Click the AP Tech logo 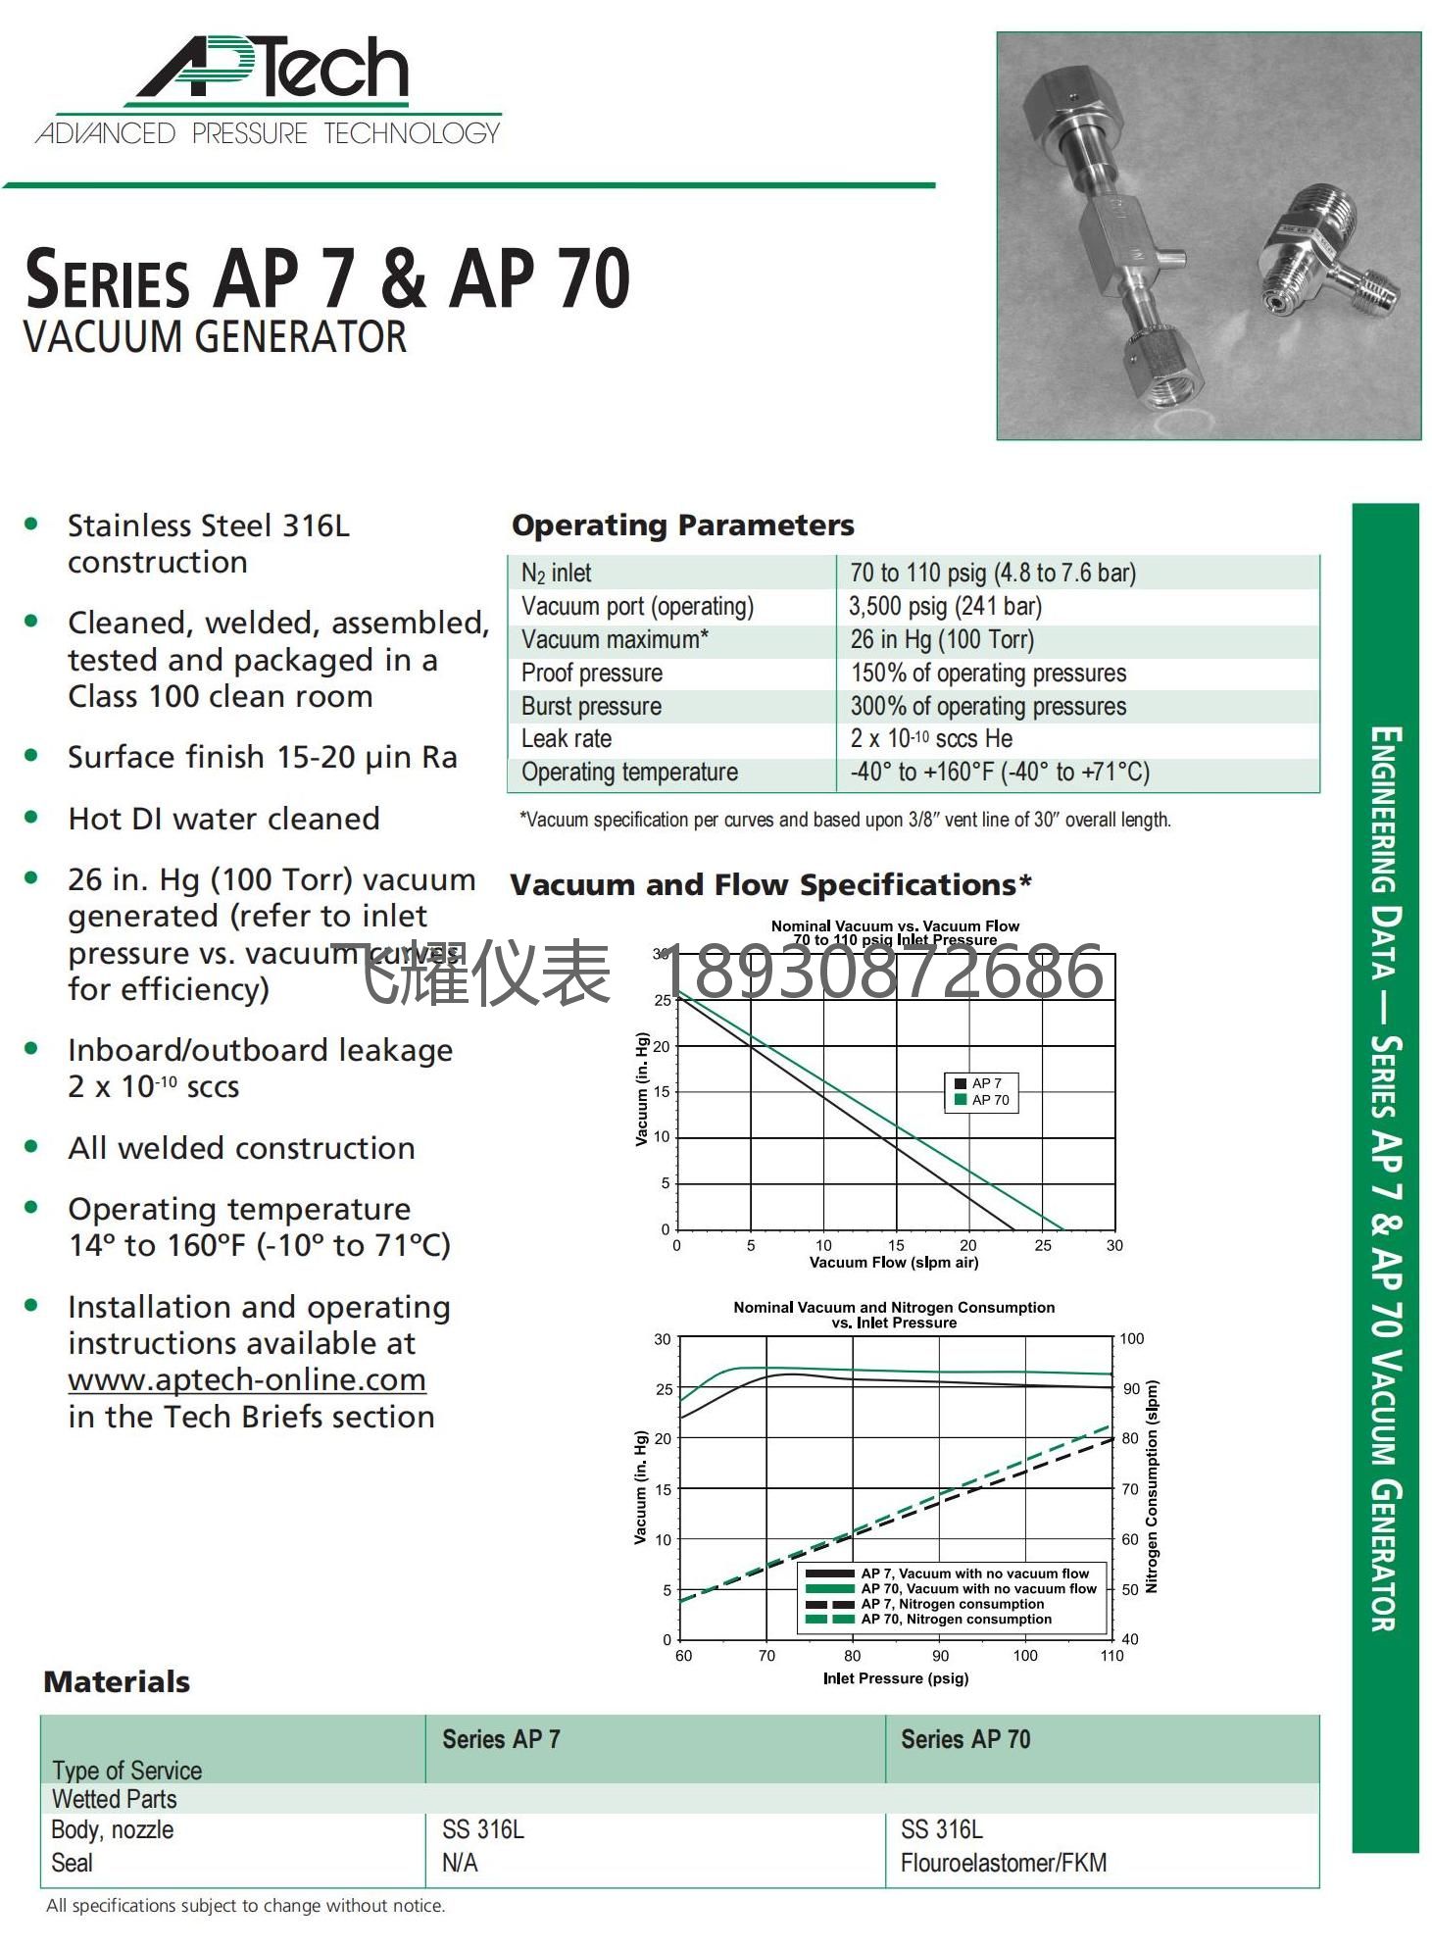[270, 88]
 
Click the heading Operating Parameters [682, 525]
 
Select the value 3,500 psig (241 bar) [945, 606]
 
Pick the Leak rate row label [567, 738]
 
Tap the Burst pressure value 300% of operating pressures [988, 706]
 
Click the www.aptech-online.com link [247, 1379]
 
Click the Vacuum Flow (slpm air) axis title [893, 1263]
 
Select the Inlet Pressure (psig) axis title [895, 1678]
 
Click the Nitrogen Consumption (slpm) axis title [1152, 1486]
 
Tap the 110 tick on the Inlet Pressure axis [1111, 1656]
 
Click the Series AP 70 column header [965, 1739]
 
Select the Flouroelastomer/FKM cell [1003, 1863]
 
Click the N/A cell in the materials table [460, 1863]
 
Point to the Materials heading [117, 1682]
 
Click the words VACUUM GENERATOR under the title [215, 337]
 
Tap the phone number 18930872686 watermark [883, 973]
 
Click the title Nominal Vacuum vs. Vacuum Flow [895, 925]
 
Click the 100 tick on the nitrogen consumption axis [1131, 1339]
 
